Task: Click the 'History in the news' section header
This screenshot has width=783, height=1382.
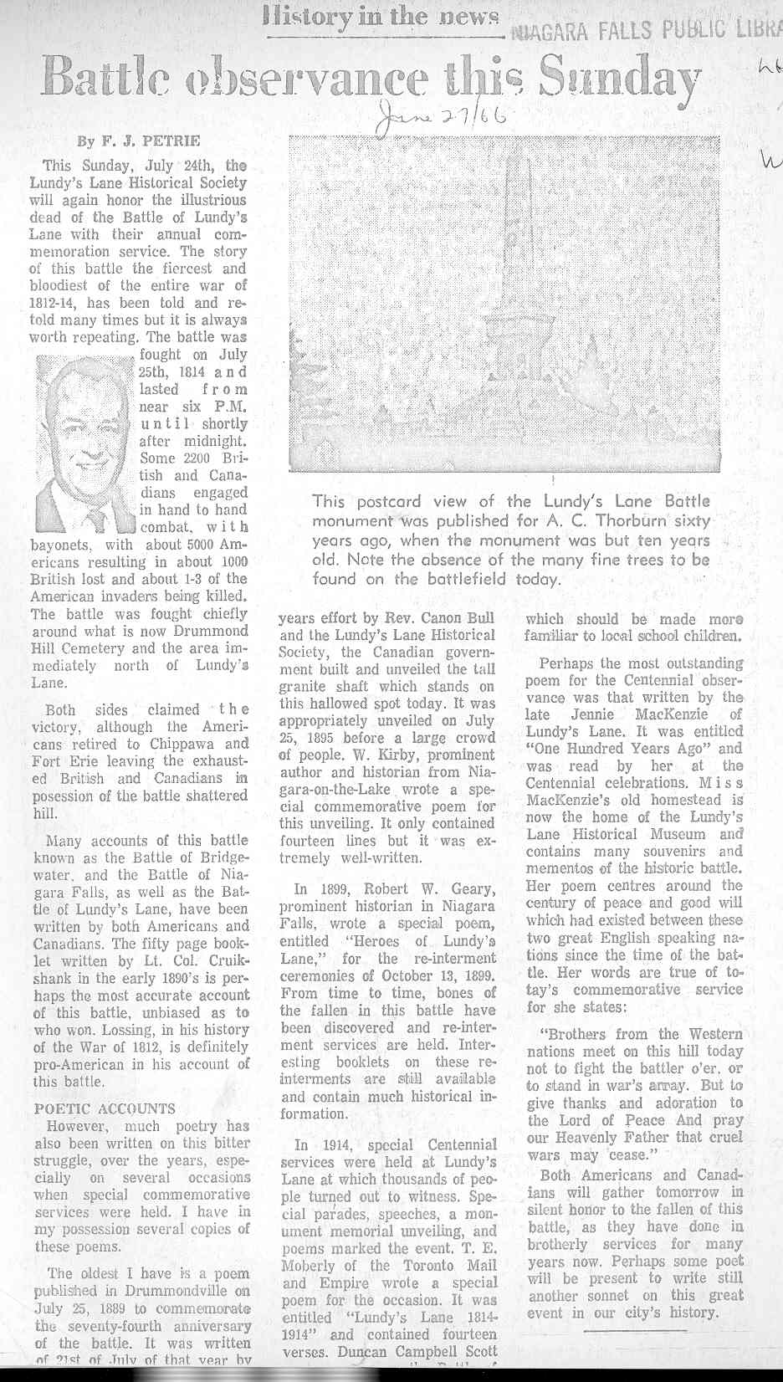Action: coord(381,17)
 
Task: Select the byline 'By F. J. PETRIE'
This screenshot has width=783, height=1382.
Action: coord(139,141)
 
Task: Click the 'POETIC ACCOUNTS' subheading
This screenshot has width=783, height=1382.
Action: coord(105,1108)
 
